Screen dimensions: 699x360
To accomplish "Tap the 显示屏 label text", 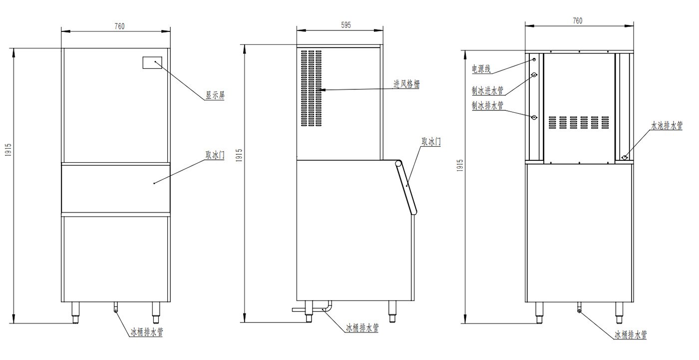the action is pos(215,95).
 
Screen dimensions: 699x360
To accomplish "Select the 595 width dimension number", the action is pos(346,25).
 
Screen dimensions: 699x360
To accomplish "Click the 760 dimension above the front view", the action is pos(119,26).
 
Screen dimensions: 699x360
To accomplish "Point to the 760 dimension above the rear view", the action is pos(578,20).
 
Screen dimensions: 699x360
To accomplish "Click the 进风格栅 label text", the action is pos(406,84).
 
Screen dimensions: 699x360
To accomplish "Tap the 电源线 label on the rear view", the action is pos(481,69).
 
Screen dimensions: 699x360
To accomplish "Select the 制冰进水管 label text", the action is pos(487,90).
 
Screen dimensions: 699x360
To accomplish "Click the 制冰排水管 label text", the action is pos(487,105).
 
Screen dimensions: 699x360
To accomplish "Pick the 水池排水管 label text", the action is pos(667,125).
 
